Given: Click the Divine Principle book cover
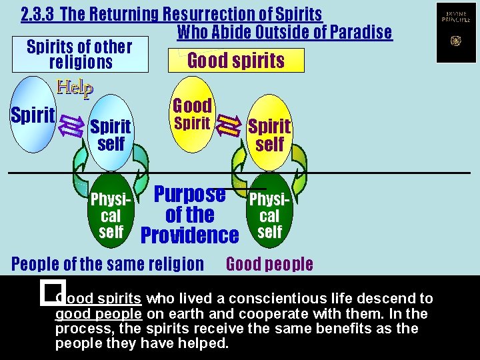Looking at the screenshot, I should [456, 33].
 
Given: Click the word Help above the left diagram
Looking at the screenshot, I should [75, 87].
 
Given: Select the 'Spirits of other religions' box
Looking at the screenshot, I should [80, 55].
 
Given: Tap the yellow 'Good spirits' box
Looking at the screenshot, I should [236, 61].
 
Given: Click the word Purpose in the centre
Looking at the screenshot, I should [190, 194].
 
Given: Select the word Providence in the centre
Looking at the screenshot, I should [190, 235].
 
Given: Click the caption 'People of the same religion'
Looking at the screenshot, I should [108, 264].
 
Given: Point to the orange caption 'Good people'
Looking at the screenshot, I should [269, 264].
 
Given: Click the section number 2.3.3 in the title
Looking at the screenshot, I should [38, 14].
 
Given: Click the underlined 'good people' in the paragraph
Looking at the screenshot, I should [98, 314].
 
